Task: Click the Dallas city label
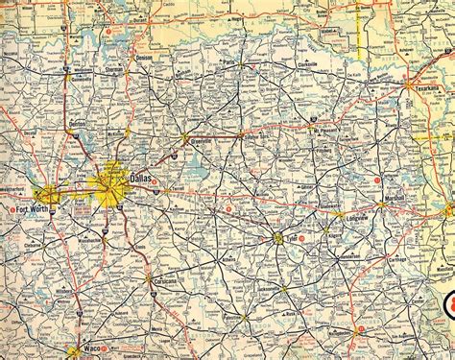point(140,180)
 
